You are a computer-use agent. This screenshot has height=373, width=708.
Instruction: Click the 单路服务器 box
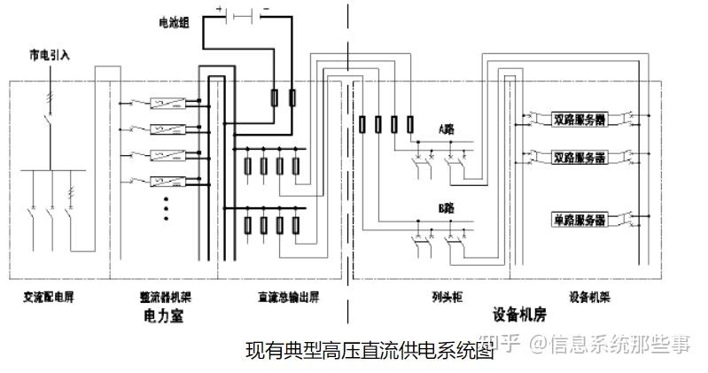[580, 219]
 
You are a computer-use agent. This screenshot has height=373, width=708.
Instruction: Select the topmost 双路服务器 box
[580, 119]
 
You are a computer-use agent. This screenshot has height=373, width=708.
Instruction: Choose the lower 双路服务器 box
[580, 158]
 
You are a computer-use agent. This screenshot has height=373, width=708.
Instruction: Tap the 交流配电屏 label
[50, 298]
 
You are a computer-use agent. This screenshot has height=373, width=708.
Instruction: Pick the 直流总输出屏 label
[283, 298]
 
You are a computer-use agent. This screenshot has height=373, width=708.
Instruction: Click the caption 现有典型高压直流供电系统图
[368, 350]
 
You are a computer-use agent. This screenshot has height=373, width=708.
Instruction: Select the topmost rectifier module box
[167, 103]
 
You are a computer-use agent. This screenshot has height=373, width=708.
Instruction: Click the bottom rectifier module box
[167, 183]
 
